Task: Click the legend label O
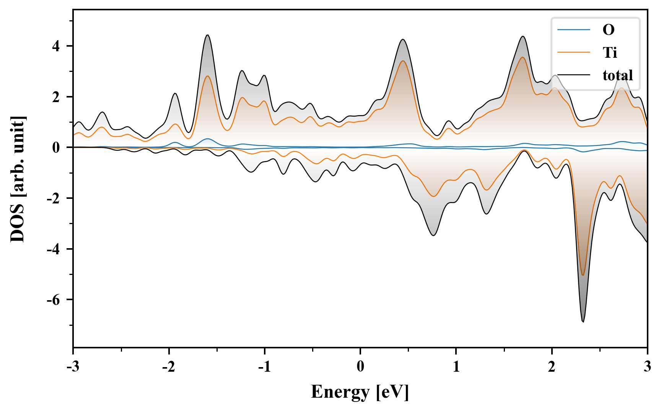(x=608, y=30)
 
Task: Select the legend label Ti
(x=610, y=52)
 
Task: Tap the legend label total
(x=617, y=75)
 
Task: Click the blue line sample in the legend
(x=573, y=30)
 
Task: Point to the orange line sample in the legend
(x=573, y=52)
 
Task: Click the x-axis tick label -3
(x=73, y=367)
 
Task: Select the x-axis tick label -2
(x=168, y=367)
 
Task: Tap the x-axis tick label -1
(x=264, y=367)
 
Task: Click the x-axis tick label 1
(x=456, y=367)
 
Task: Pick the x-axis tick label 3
(x=647, y=367)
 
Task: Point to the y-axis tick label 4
(x=56, y=46)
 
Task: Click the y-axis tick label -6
(x=54, y=300)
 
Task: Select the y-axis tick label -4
(x=54, y=249)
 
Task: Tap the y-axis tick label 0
(x=56, y=148)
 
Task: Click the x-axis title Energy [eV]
(x=360, y=392)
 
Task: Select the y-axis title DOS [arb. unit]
(x=17, y=179)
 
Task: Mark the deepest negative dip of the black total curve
(x=583, y=322)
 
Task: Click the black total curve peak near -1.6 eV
(x=207, y=35)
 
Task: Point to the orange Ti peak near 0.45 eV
(x=403, y=61)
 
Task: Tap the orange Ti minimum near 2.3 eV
(x=583, y=275)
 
